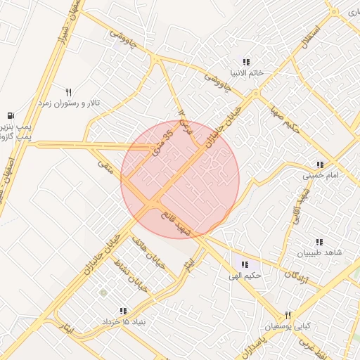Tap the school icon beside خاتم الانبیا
click(x=246, y=61)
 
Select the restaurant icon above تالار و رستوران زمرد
click(x=69, y=92)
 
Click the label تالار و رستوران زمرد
click(x=68, y=103)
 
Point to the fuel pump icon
click(x=10, y=115)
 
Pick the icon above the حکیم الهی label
click(x=245, y=264)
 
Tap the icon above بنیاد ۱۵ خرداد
click(x=124, y=311)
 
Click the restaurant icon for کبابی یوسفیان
click(x=287, y=316)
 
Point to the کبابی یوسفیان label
click(x=286, y=326)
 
